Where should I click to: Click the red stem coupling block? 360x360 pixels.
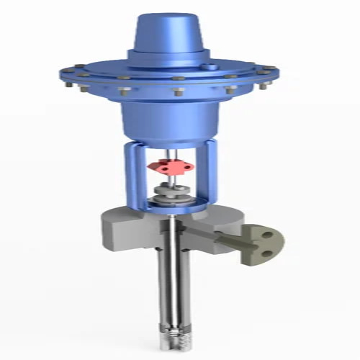tap(171, 168)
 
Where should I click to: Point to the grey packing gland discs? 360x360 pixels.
tap(171, 194)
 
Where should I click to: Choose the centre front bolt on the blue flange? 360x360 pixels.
tap(174, 94)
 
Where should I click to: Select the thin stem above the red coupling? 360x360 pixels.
tap(171, 153)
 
